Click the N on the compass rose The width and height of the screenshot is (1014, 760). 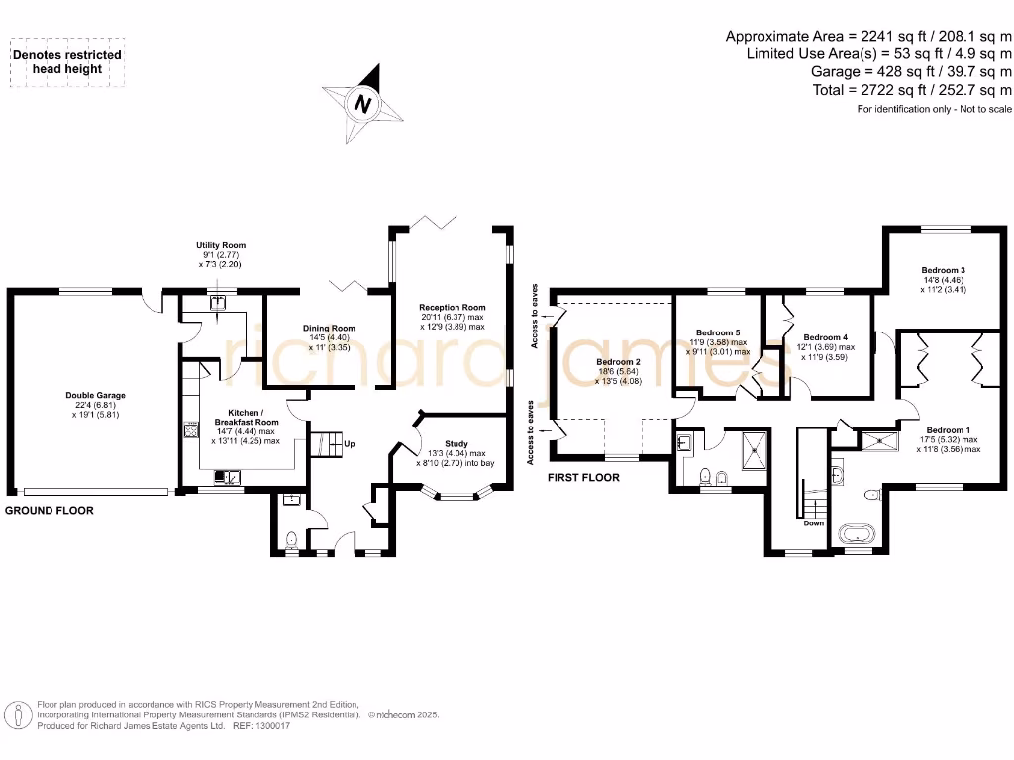point(362,103)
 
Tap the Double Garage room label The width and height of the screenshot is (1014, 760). point(96,395)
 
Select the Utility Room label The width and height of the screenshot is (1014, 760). point(221,245)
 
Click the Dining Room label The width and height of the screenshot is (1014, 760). point(329,328)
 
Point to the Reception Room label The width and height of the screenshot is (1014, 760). point(452,307)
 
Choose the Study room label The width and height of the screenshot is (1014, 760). point(456,444)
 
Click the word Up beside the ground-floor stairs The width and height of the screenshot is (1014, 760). point(350,444)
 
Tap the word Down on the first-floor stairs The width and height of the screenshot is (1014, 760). point(814,522)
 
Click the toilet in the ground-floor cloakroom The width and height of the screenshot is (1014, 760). point(292,539)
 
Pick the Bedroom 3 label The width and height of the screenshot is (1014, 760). point(944,270)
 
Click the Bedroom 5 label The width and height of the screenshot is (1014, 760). point(718,332)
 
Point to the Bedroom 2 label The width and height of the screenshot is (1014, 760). point(618,362)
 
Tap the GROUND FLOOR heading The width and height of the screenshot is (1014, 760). point(50,510)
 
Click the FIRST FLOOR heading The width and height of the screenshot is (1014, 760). point(583,478)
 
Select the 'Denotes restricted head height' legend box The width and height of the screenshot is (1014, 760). point(67,62)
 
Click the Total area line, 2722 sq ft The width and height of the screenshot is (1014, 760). point(912,90)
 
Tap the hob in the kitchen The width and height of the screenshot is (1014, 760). point(191,430)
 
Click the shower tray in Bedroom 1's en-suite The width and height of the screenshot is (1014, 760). point(880,441)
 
